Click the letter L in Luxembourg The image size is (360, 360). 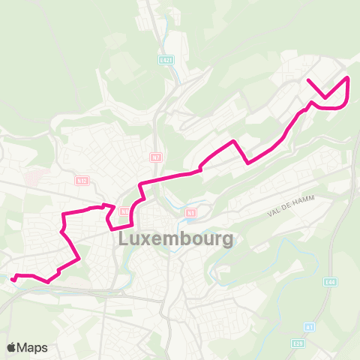tap(124, 241)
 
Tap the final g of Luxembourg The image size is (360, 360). tap(226, 242)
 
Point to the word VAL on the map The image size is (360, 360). tap(274, 213)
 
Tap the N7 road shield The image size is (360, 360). tap(154, 157)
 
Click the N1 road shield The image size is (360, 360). tap(190, 213)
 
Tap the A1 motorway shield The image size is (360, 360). tap(310, 328)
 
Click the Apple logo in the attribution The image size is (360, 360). tap(12, 347)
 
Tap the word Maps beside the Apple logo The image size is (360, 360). tap(33, 347)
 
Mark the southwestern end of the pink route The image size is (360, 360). tap(13, 279)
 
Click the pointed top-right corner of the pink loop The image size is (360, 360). tap(347, 77)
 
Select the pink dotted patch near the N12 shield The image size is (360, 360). tap(34, 178)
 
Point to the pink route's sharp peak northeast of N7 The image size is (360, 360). tap(235, 141)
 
